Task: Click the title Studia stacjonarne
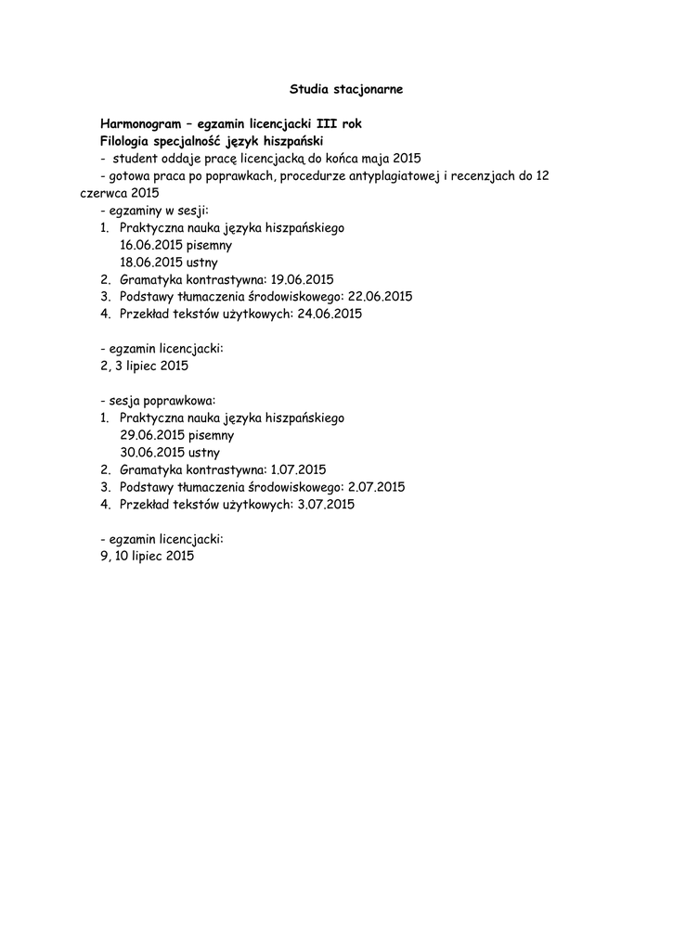(346, 90)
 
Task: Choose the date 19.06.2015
(303, 279)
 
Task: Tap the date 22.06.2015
(380, 297)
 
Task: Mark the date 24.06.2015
(330, 314)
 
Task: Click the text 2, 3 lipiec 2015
(144, 366)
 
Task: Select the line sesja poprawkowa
(158, 401)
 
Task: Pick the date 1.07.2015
(298, 470)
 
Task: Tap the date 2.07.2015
(376, 487)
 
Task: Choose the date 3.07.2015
(325, 505)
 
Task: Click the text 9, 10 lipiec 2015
(148, 557)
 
